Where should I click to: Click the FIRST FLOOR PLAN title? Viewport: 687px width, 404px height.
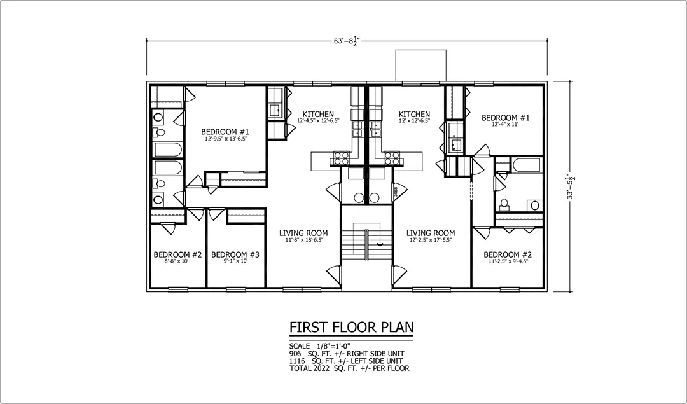click(351, 327)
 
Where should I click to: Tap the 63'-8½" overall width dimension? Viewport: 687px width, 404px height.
click(346, 41)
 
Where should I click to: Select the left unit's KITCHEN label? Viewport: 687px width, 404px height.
click(317, 115)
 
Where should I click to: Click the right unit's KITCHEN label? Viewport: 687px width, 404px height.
click(414, 115)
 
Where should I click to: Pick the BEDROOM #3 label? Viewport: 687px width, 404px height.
click(235, 254)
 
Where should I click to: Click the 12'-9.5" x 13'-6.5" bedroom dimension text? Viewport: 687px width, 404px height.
click(225, 139)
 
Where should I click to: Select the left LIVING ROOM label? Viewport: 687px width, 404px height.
click(303, 233)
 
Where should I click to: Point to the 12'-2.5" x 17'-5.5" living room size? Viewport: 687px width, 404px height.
click(430, 240)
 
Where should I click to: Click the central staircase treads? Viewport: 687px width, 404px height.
click(366, 244)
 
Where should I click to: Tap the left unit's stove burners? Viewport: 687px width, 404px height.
click(342, 158)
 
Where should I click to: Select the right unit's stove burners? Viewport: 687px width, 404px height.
click(391, 158)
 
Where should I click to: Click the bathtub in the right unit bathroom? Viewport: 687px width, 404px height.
click(527, 165)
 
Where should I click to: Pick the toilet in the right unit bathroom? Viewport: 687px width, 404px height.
click(504, 204)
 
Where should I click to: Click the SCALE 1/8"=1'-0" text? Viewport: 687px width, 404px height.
click(320, 346)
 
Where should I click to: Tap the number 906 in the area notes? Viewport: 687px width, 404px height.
click(295, 354)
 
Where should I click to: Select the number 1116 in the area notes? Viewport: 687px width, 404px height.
click(296, 361)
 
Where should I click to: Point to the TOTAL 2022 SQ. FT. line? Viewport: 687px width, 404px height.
click(349, 368)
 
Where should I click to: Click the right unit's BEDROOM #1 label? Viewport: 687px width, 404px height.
click(506, 118)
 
